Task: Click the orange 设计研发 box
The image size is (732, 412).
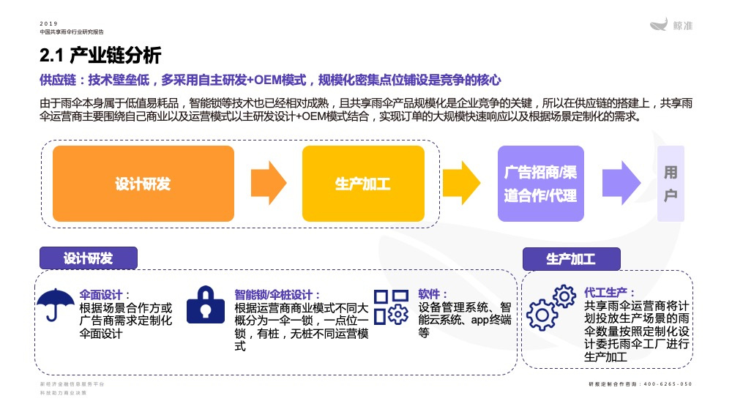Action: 143,184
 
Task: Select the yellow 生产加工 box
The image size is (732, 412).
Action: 363,184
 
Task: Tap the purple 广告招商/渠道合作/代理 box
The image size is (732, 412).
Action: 540,184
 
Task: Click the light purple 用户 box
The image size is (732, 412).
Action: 671,184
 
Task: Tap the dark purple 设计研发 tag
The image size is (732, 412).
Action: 88,258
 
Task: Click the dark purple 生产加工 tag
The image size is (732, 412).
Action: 571,259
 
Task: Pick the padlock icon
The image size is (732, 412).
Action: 206,304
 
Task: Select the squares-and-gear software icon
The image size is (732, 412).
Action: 390,306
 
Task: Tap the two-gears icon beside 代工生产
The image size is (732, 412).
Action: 551,306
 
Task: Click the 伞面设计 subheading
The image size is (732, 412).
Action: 105,294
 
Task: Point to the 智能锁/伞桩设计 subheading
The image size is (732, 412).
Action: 277,294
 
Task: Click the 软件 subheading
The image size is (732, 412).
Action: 433,293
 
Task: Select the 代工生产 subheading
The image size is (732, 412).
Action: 610,291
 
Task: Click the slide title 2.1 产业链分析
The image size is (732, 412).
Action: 100,56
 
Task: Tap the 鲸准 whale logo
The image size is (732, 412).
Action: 671,26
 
